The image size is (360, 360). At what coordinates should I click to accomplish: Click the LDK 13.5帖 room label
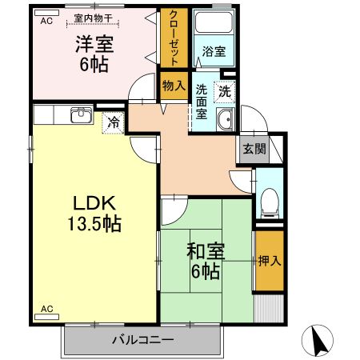click(x=94, y=213)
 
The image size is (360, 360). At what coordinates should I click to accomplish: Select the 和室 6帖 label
click(x=206, y=262)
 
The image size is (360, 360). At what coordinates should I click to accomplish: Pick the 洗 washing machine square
click(x=226, y=91)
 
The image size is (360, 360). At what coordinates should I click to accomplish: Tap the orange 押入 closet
click(x=268, y=261)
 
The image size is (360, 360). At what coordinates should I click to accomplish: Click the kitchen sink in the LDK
click(x=80, y=117)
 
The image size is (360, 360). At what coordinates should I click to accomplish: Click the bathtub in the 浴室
click(x=212, y=25)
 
